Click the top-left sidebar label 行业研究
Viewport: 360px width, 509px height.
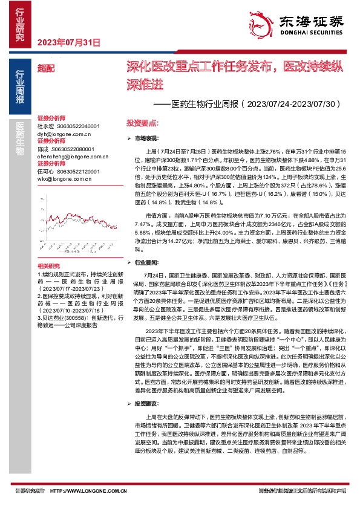(x=19, y=24)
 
